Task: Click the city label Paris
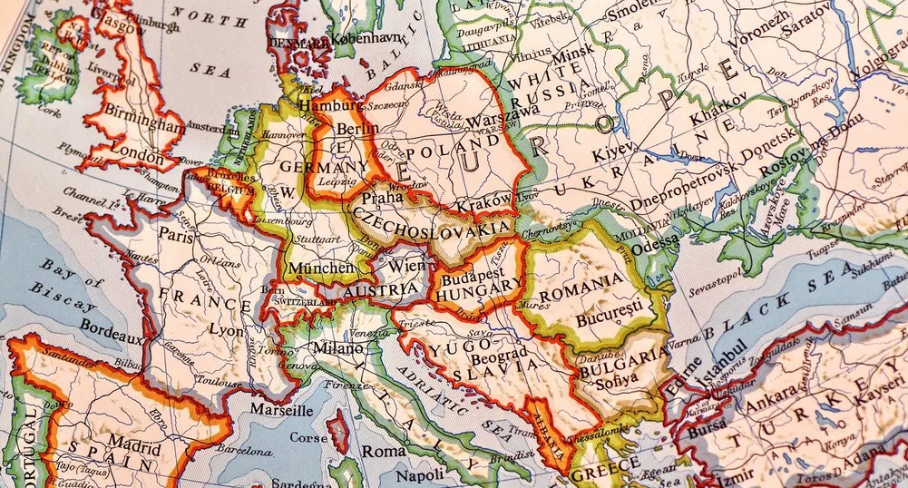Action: click(x=179, y=233)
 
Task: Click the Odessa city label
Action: click(x=656, y=242)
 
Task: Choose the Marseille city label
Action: click(x=275, y=410)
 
